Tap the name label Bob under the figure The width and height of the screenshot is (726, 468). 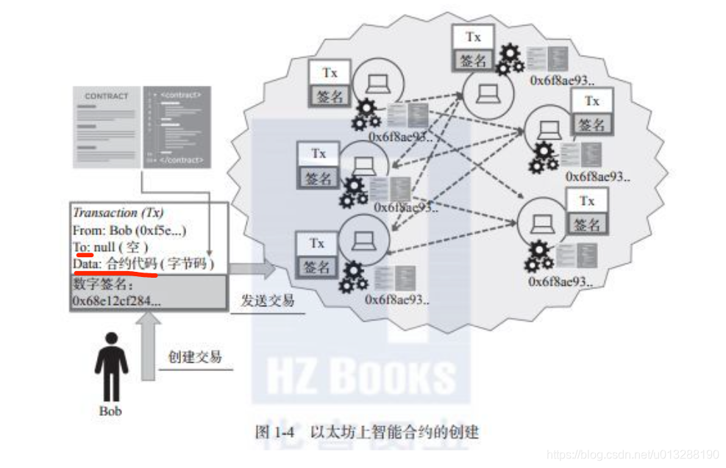(x=110, y=411)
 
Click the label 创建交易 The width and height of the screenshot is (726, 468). (x=194, y=358)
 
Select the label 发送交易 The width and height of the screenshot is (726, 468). (x=268, y=300)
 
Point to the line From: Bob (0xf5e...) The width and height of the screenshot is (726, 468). (x=129, y=230)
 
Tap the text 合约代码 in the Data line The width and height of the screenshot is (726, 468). (x=132, y=264)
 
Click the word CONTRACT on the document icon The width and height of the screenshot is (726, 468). (x=107, y=96)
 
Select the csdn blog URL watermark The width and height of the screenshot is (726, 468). (x=633, y=454)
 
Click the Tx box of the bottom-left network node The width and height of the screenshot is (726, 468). (x=317, y=243)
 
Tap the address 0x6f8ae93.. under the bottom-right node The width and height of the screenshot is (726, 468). (x=561, y=281)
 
